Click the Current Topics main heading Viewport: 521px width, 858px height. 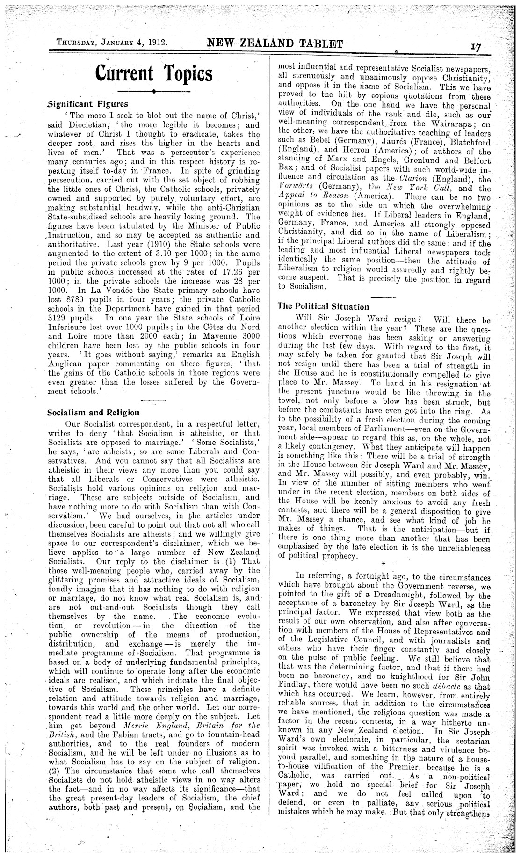pos(153,73)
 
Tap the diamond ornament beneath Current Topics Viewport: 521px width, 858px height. pos(153,92)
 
